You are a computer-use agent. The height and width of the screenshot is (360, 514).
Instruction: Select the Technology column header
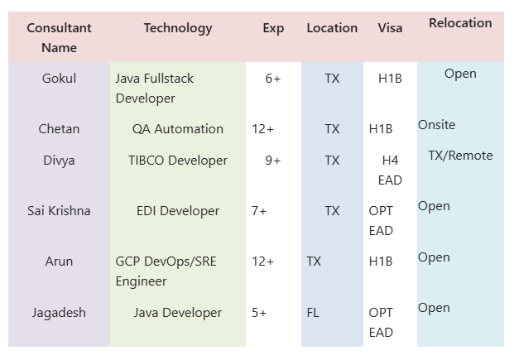(178, 28)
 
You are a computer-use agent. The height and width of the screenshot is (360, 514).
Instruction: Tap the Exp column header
(273, 28)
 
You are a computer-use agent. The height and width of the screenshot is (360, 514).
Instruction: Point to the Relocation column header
(460, 23)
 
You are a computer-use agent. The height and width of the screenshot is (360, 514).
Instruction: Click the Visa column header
(390, 28)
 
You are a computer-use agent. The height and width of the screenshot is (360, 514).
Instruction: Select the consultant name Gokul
(59, 79)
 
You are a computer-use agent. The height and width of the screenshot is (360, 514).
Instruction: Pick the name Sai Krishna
(59, 211)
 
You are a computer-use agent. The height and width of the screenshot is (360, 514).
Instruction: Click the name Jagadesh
(59, 313)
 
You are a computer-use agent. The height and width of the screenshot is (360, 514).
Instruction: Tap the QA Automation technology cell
(178, 129)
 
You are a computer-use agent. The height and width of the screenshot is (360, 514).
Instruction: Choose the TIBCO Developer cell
(178, 161)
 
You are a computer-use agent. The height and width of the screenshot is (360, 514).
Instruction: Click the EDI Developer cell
(178, 211)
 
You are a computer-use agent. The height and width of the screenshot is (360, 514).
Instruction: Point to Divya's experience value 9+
(273, 161)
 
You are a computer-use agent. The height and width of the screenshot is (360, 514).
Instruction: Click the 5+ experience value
(259, 313)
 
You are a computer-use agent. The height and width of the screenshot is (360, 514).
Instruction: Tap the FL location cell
(313, 313)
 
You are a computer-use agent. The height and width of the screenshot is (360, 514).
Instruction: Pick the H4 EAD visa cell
(390, 170)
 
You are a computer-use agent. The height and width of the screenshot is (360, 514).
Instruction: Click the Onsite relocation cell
(436, 125)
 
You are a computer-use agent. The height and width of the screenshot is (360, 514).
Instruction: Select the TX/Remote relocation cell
(460, 156)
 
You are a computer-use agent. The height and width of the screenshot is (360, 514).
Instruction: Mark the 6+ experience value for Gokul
(273, 79)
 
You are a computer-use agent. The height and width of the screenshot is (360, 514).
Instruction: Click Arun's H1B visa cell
(381, 262)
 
